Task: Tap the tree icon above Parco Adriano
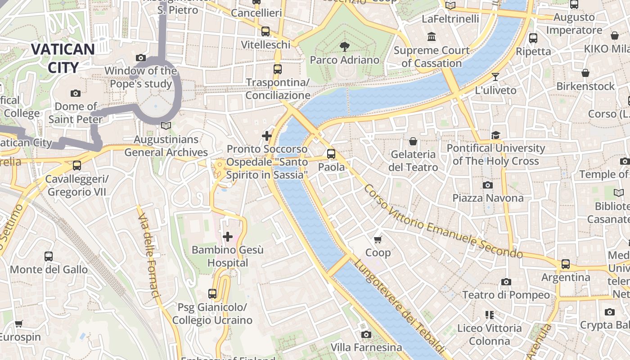345,46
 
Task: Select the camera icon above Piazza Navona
487,185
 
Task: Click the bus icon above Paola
331,154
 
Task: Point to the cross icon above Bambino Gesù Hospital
228,236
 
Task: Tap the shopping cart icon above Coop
378,239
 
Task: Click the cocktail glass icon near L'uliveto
495,77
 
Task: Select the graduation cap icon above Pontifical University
495,135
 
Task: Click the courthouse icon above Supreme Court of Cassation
432,36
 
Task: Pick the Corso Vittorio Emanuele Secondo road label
443,222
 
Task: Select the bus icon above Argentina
566,264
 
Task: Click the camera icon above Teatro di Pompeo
506,282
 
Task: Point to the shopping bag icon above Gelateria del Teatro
413,141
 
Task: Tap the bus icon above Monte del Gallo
49,256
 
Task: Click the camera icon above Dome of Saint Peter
76,93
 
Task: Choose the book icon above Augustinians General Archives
166,126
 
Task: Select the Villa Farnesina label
366,347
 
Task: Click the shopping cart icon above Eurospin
19,324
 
